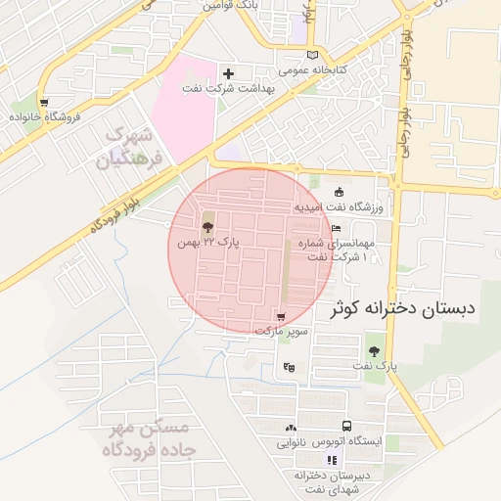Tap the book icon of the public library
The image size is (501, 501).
[x=313, y=55]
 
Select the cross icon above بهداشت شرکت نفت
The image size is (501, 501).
[x=228, y=73]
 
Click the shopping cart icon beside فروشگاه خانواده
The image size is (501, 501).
[x=44, y=100]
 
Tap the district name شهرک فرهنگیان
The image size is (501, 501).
[x=127, y=147]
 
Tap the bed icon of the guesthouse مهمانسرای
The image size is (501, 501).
[x=336, y=228]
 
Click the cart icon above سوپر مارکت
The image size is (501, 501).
[x=282, y=316]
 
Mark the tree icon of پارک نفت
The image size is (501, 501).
[x=373, y=350]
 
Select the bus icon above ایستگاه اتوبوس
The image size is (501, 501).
[x=346, y=426]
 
